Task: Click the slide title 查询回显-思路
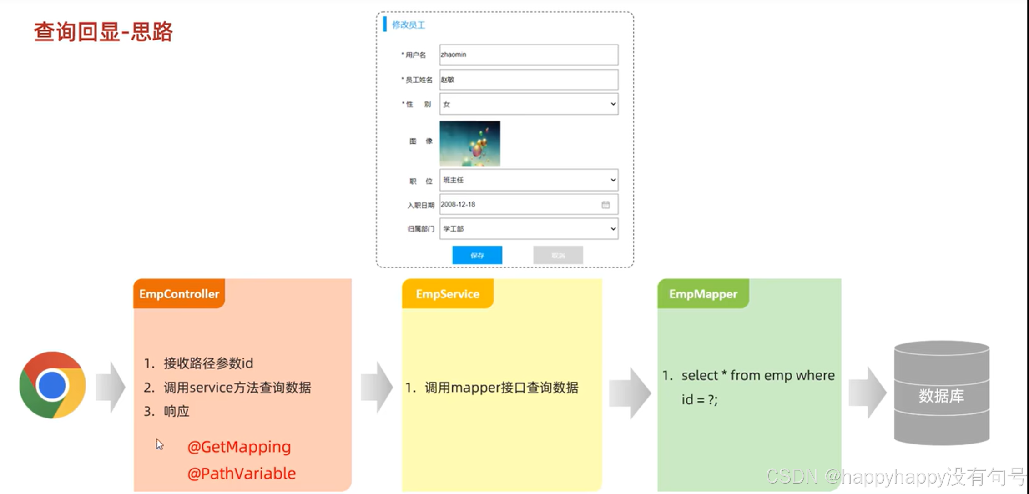[x=103, y=32]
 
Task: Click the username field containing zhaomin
[x=529, y=55]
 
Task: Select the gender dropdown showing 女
[x=529, y=104]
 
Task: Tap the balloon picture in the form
[x=470, y=143]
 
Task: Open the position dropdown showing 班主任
[x=529, y=180]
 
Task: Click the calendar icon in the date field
[x=605, y=205]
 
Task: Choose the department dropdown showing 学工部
[x=529, y=229]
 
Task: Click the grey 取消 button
[x=558, y=255]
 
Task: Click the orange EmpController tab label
[x=179, y=294]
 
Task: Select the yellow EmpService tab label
[x=448, y=294]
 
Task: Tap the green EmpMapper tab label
[x=703, y=294]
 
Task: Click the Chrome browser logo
[x=53, y=385]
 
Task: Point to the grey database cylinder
[x=941, y=393]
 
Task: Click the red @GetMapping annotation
[x=239, y=447]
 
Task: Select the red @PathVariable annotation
[x=242, y=474]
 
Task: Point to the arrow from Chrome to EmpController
[x=111, y=388]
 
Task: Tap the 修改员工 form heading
[x=409, y=25]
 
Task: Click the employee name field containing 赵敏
[x=529, y=80]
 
